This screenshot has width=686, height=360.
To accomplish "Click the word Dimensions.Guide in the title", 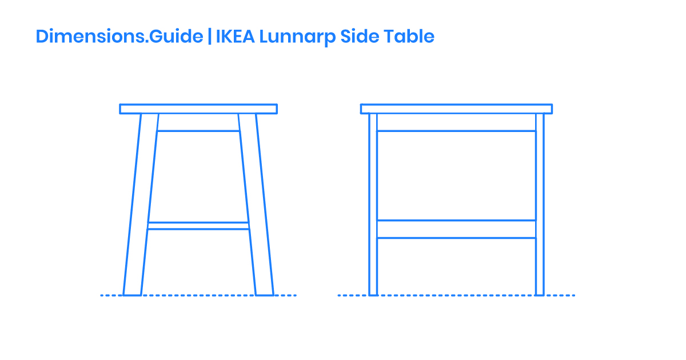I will pyautogui.click(x=119, y=37).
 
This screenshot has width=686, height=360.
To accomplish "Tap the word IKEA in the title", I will pyautogui.click(x=235, y=37).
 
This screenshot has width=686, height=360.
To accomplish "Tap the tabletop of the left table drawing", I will pyautogui.click(x=198, y=109).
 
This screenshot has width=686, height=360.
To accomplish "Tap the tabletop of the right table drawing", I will pyautogui.click(x=456, y=109).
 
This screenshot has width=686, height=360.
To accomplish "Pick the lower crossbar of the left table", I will pyautogui.click(x=198, y=226).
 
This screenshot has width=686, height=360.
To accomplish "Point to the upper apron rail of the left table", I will pyautogui.click(x=198, y=122).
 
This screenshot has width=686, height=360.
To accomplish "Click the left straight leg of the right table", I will pyautogui.click(x=373, y=206).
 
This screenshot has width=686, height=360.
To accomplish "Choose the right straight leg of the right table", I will pyautogui.click(x=540, y=206).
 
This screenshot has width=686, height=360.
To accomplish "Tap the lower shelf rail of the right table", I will pyautogui.click(x=456, y=229).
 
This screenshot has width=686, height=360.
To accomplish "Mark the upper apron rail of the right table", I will pyautogui.click(x=456, y=122).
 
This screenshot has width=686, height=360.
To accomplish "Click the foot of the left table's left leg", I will pyautogui.click(x=132, y=291).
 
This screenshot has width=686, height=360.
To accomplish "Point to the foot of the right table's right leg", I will pyautogui.click(x=540, y=291).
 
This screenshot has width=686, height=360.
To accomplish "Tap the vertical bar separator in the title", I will pyautogui.click(x=209, y=37).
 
